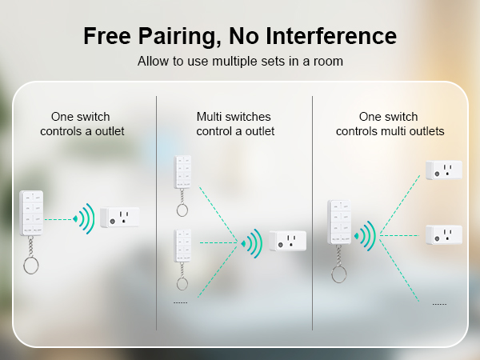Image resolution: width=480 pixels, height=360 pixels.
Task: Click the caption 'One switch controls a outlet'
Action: [x=82, y=123]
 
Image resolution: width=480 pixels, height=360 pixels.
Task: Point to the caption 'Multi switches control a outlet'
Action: [x=235, y=123]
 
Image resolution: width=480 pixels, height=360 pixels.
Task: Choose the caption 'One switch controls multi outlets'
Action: [x=390, y=123]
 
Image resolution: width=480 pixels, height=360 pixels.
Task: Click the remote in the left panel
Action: [x=32, y=213]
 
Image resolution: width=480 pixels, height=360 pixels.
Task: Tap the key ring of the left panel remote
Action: [x=31, y=264]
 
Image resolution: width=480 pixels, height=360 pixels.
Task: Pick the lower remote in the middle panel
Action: [x=183, y=249]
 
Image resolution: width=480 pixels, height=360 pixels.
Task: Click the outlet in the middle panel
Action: [x=286, y=240]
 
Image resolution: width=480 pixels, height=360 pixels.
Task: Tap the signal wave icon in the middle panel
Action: [x=252, y=242]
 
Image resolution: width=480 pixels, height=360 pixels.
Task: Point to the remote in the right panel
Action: [x=339, y=222]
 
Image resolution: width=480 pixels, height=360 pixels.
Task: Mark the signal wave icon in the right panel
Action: [x=366, y=235]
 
